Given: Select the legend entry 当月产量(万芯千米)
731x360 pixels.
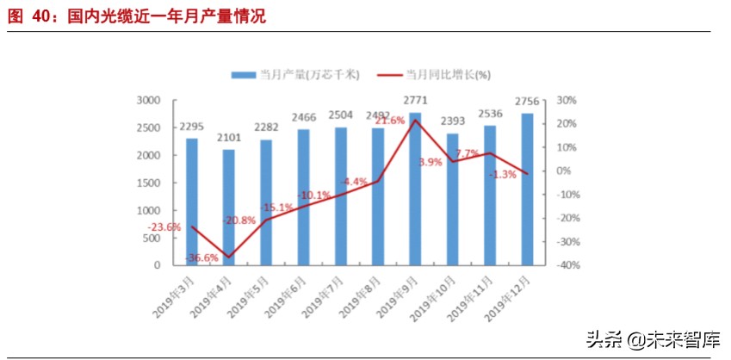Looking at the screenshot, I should (x=292, y=75).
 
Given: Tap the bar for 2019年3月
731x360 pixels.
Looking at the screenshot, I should (x=192, y=202).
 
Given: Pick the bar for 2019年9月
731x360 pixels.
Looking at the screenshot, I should (x=415, y=189).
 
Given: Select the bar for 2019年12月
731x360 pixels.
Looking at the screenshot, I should (x=527, y=189).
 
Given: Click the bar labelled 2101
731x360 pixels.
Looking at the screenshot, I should (x=229, y=208).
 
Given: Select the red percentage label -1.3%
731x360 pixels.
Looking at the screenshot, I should (x=502, y=175).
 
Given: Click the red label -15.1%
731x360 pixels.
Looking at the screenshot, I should (x=277, y=207).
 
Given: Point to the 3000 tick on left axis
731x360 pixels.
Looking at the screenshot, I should (x=149, y=100).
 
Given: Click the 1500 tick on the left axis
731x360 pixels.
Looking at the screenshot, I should (x=149, y=183).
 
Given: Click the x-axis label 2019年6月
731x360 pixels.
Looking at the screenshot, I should (x=288, y=295).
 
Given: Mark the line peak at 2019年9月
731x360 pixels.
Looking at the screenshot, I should (x=415, y=121).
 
